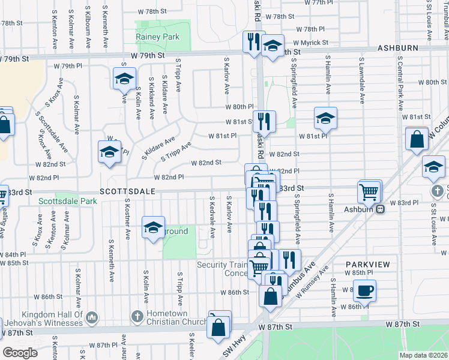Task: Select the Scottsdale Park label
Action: click(67, 202)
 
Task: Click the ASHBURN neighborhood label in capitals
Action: click(399, 47)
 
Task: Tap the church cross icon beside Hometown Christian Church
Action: click(137, 316)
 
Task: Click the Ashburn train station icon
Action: click(380, 209)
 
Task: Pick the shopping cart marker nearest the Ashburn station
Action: click(369, 193)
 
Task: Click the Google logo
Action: click(20, 352)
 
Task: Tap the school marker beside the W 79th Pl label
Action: click(124, 79)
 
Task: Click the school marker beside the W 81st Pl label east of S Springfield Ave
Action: click(325, 119)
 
